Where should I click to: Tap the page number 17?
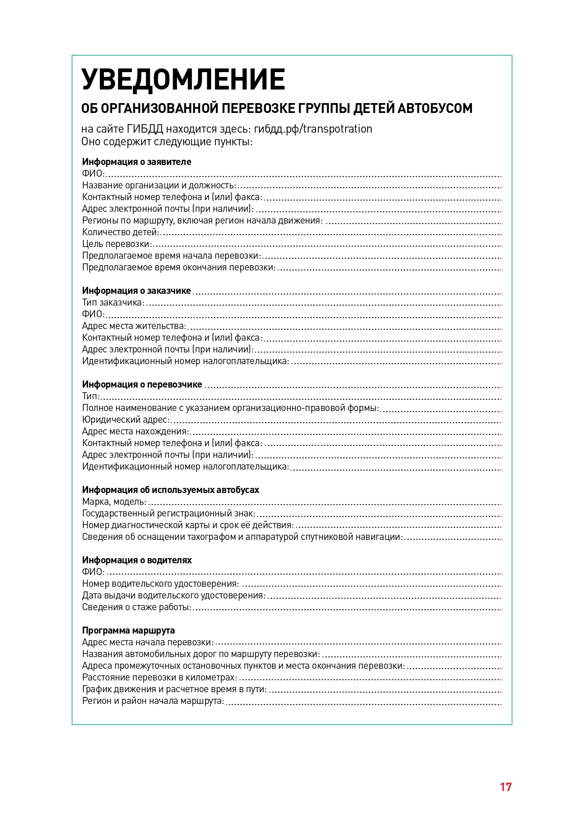(x=506, y=787)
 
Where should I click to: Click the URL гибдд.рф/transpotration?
(x=313, y=129)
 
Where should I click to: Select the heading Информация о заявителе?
(x=137, y=162)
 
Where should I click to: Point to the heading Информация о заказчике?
(x=137, y=291)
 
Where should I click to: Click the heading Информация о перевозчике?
(x=142, y=384)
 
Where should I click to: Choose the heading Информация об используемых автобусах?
(x=170, y=490)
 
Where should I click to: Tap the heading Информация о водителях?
(x=137, y=560)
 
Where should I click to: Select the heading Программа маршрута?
(x=128, y=630)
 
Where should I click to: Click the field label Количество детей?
(x=120, y=232)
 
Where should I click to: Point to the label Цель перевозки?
(x=118, y=244)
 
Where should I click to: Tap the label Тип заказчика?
(x=113, y=302)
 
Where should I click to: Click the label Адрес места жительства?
(x=134, y=326)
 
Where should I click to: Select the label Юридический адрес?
(x=125, y=419)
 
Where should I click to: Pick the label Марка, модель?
(x=114, y=501)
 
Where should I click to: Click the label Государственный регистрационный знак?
(x=169, y=513)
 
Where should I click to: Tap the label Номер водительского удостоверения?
(x=160, y=583)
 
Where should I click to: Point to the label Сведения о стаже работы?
(x=137, y=607)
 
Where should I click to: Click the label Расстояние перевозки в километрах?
(x=159, y=677)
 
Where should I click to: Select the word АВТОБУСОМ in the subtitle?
(x=435, y=108)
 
